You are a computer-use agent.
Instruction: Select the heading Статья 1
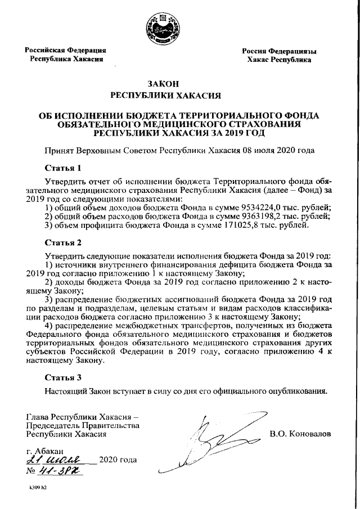coord(64,168)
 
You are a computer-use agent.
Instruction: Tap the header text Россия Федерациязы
coord(279,51)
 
